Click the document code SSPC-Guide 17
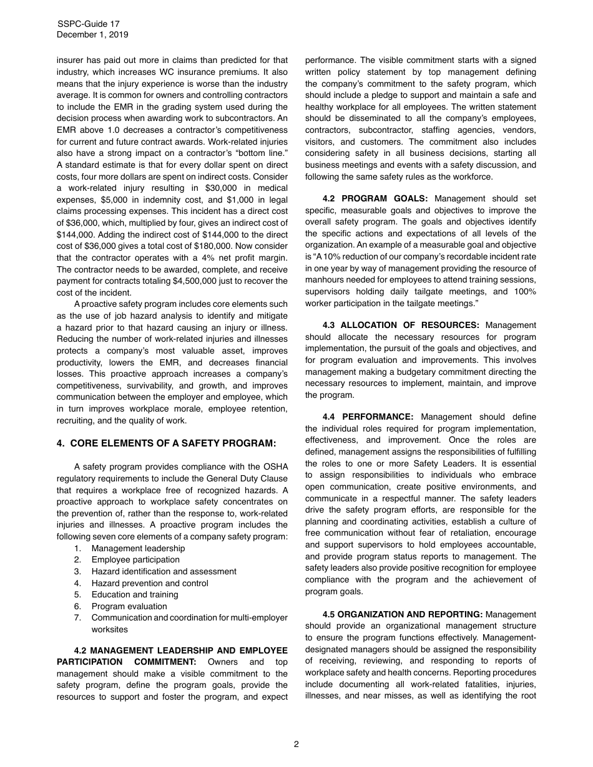(x=88, y=24)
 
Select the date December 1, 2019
(x=92, y=35)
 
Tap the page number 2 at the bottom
(x=296, y=744)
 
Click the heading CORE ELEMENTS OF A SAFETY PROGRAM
(x=173, y=443)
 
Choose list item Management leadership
(x=138, y=548)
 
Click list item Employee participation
(x=135, y=559)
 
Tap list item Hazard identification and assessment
(x=164, y=571)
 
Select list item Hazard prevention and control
(x=150, y=583)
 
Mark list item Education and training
(x=135, y=594)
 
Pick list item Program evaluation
(x=129, y=606)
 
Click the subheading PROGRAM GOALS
(x=385, y=198)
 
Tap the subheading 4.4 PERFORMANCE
(x=368, y=417)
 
